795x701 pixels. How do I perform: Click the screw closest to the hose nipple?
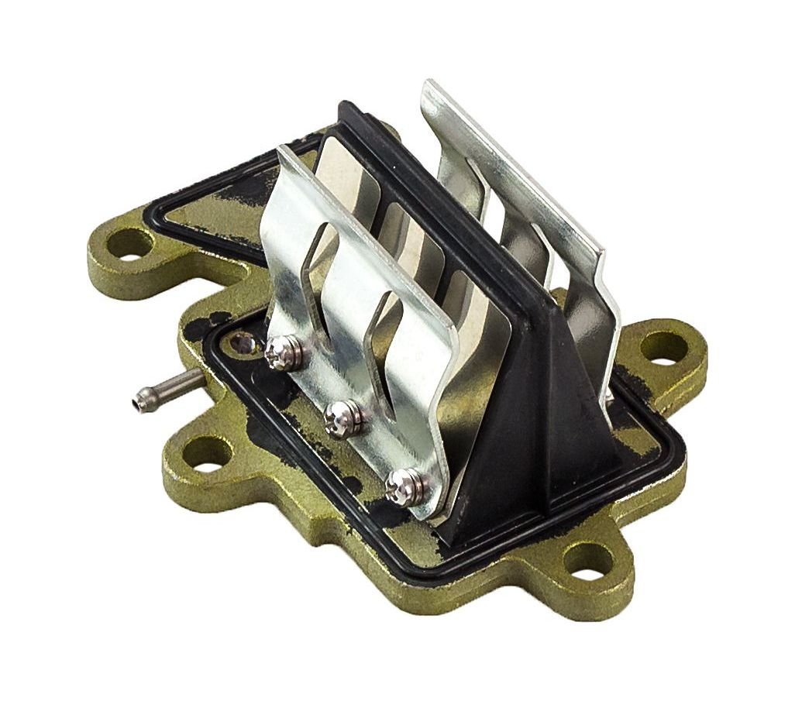click(277, 353)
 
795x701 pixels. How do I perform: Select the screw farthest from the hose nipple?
click(404, 483)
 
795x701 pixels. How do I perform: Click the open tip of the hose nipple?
click(138, 400)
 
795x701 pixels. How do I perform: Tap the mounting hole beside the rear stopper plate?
click(665, 346)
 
